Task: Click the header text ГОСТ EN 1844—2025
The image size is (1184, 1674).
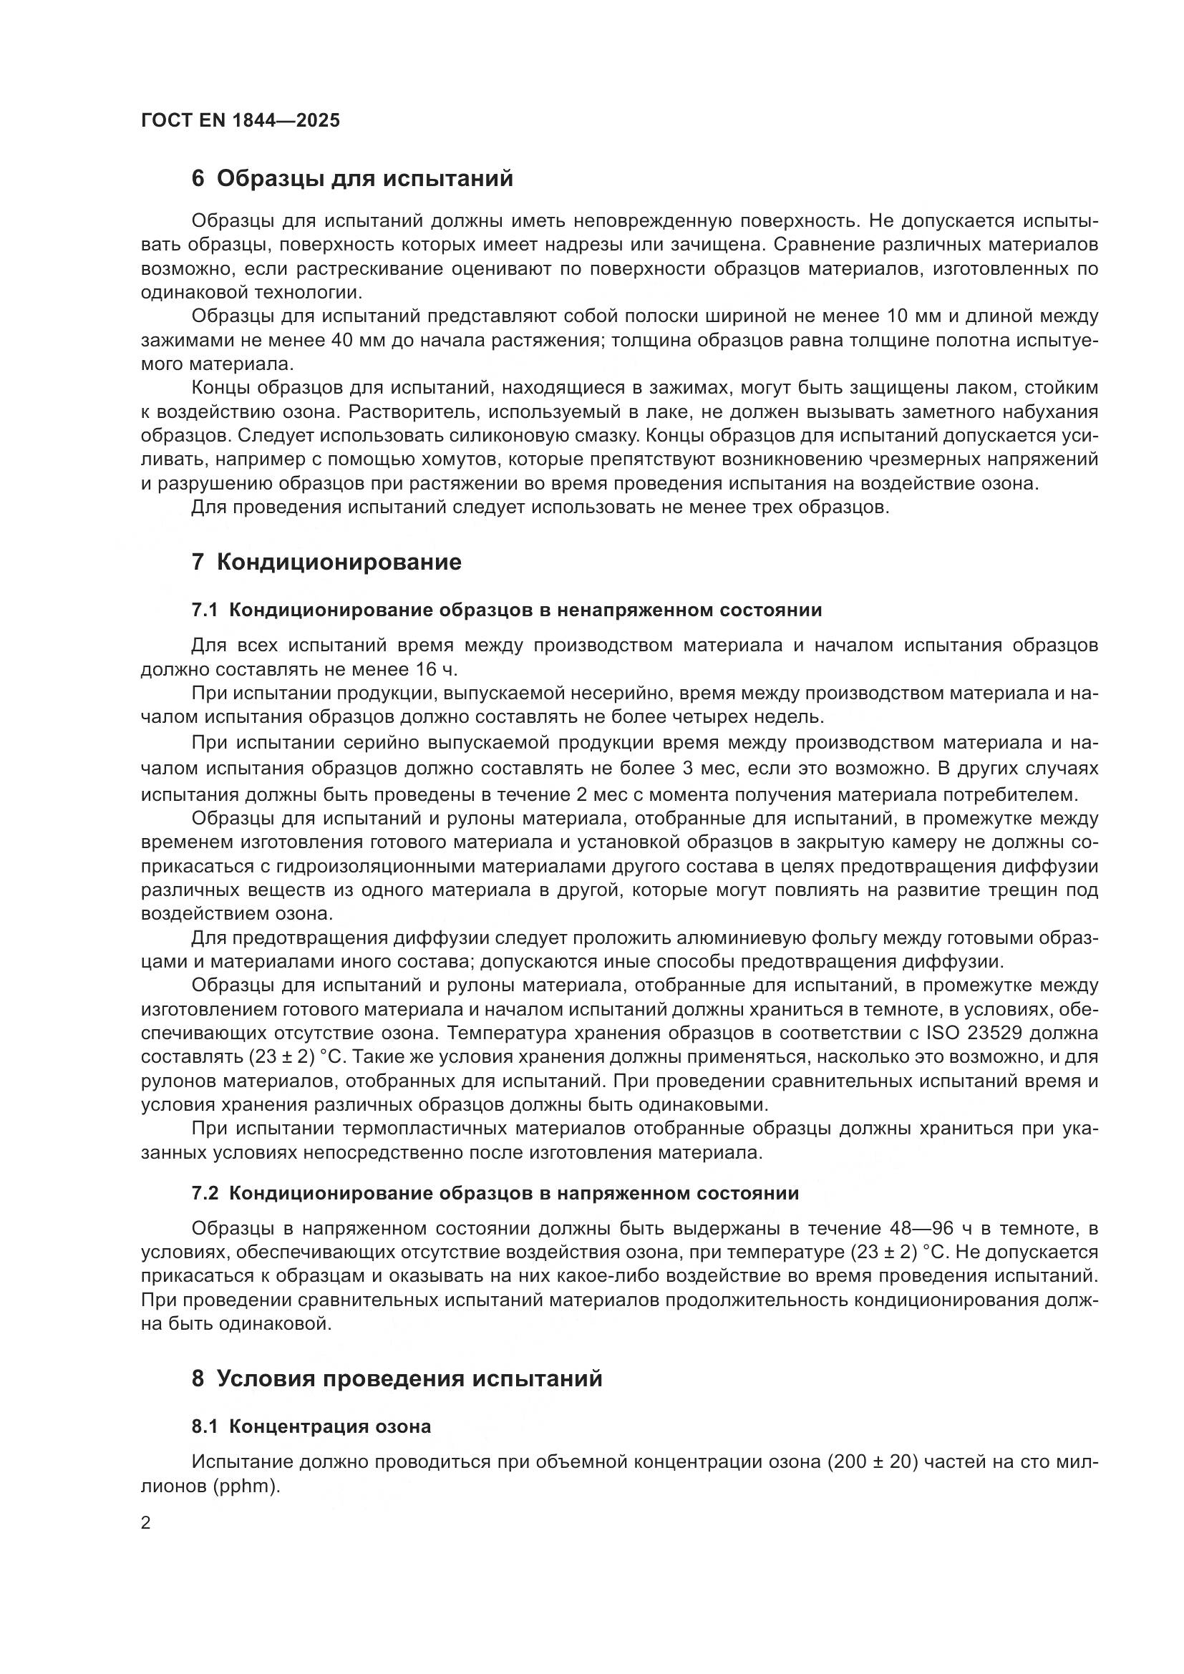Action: coord(240,120)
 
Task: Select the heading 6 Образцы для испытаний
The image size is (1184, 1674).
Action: coord(352,179)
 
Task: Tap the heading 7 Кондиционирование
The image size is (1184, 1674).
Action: coord(326,562)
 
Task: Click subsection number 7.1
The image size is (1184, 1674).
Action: coord(205,610)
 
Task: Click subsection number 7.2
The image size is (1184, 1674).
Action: coord(205,1194)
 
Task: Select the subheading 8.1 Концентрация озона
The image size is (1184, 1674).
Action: coord(311,1427)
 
